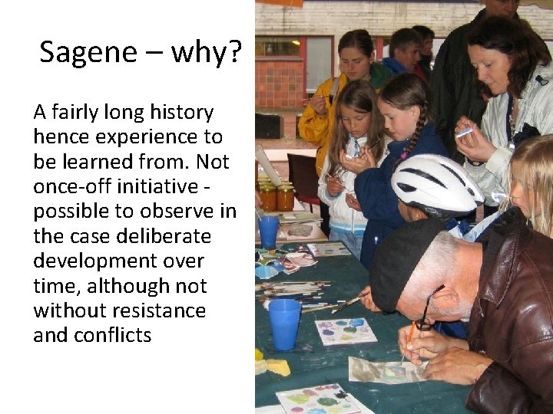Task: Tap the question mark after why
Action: [x=235, y=53]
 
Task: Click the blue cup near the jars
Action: [x=269, y=231]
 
